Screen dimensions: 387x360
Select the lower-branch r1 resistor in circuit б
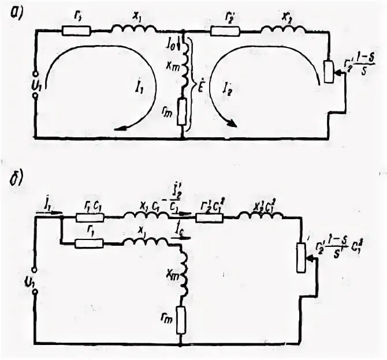[90, 243]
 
